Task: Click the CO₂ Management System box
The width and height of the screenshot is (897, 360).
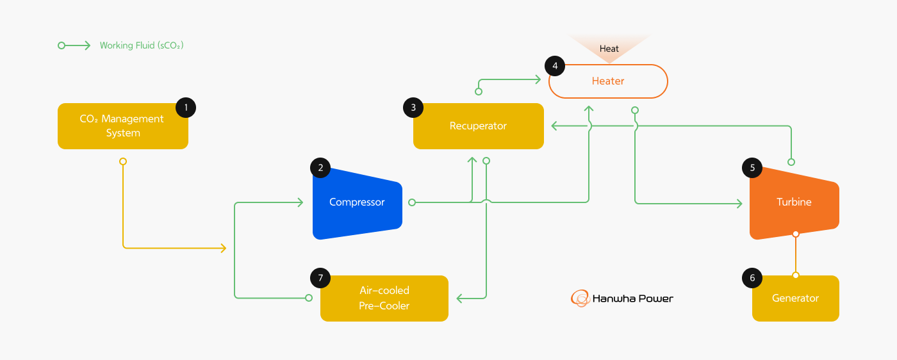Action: [x=122, y=126]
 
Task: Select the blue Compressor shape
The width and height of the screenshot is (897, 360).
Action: [x=357, y=203]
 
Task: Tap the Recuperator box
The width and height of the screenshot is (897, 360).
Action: [x=478, y=126]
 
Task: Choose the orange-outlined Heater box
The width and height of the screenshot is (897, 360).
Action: [x=608, y=81]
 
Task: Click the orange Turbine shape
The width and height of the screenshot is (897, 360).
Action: [x=794, y=202]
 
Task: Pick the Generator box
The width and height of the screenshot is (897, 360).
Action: [x=795, y=299]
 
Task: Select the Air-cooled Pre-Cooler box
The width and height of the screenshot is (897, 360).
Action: [x=384, y=299]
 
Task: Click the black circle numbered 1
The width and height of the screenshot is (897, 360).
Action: [x=186, y=108]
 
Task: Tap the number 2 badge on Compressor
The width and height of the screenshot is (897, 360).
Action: [x=320, y=168]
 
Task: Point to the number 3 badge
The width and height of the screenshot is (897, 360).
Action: [x=413, y=108]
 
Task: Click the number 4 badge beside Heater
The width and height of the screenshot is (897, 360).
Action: [x=555, y=65]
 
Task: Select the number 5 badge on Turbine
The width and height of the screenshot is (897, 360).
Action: [x=752, y=168]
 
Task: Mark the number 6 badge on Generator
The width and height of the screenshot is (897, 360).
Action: [x=752, y=278]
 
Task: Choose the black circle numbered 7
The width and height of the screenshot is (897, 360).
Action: [x=320, y=278]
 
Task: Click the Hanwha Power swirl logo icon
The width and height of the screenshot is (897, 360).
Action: [x=580, y=299]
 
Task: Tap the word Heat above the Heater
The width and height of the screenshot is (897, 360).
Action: [x=609, y=49]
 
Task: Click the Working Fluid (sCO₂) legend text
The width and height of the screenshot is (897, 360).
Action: [x=142, y=45]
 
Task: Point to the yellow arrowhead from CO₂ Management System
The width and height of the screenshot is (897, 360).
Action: [x=224, y=248]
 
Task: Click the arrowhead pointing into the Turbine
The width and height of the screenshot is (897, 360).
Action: [x=739, y=204]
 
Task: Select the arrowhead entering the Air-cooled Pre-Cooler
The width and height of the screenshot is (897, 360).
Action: [x=459, y=299]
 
